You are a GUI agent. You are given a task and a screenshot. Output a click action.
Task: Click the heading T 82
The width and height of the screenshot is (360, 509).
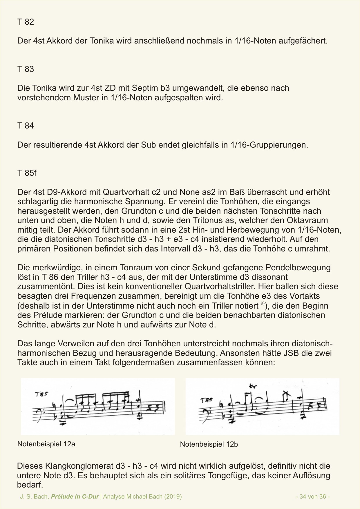26,22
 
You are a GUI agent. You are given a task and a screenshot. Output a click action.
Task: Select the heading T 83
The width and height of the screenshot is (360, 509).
26,69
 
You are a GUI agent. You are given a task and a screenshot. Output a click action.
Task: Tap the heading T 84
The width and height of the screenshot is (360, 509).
26,126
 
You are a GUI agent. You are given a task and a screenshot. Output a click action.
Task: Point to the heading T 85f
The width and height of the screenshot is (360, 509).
27,173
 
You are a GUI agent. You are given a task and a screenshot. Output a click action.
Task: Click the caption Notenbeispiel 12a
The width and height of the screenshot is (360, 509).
46,444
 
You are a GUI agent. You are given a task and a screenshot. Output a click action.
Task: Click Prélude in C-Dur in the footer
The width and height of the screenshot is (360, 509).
75,497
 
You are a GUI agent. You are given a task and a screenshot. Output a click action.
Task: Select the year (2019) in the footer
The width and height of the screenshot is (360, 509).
173,497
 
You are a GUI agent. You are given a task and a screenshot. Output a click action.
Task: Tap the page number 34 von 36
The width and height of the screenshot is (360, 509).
313,497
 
